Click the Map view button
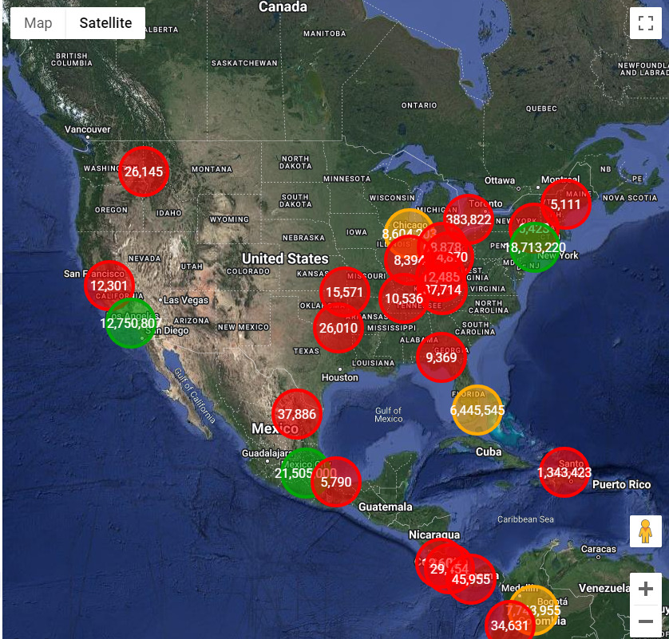point(38,23)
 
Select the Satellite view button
point(105,23)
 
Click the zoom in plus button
point(645,590)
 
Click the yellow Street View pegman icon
point(645,531)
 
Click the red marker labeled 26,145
point(144,172)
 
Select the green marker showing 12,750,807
point(131,323)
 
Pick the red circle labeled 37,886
point(296,414)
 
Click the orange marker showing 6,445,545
point(477,410)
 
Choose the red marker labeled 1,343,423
point(564,472)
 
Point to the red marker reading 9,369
point(441,357)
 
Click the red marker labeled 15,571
point(344,292)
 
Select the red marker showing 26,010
point(338,328)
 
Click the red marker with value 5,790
point(336,482)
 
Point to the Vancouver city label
point(88,129)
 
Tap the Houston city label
point(339,377)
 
